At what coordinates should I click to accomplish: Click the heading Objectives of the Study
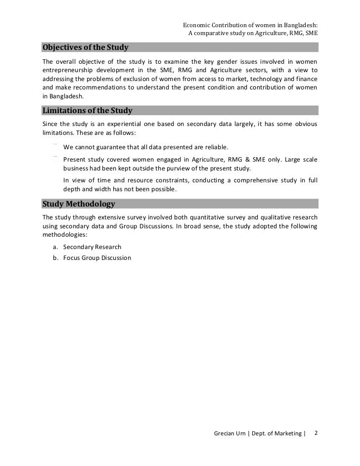point(86,48)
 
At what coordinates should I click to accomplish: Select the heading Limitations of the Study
point(88,110)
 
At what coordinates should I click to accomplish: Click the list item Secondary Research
point(92,247)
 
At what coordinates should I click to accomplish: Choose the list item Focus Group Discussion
point(97,257)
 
